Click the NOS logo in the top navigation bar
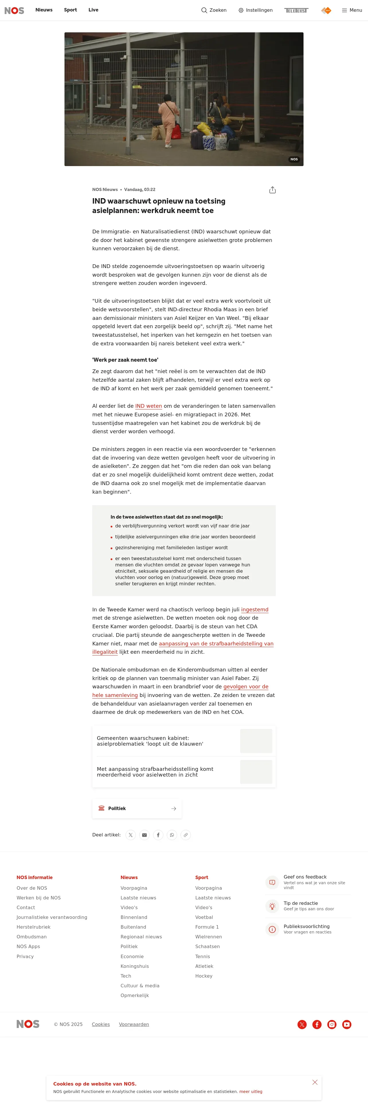tap(14, 10)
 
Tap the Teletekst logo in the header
tap(296, 10)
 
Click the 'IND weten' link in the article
tap(148, 406)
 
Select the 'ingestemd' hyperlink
tap(255, 609)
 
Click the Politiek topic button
tap(137, 808)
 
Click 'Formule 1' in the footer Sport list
tap(207, 927)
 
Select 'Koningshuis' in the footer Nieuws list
tap(134, 966)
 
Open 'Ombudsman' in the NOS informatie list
tap(32, 937)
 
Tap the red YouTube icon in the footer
tap(347, 1024)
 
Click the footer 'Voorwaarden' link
tap(134, 1024)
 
